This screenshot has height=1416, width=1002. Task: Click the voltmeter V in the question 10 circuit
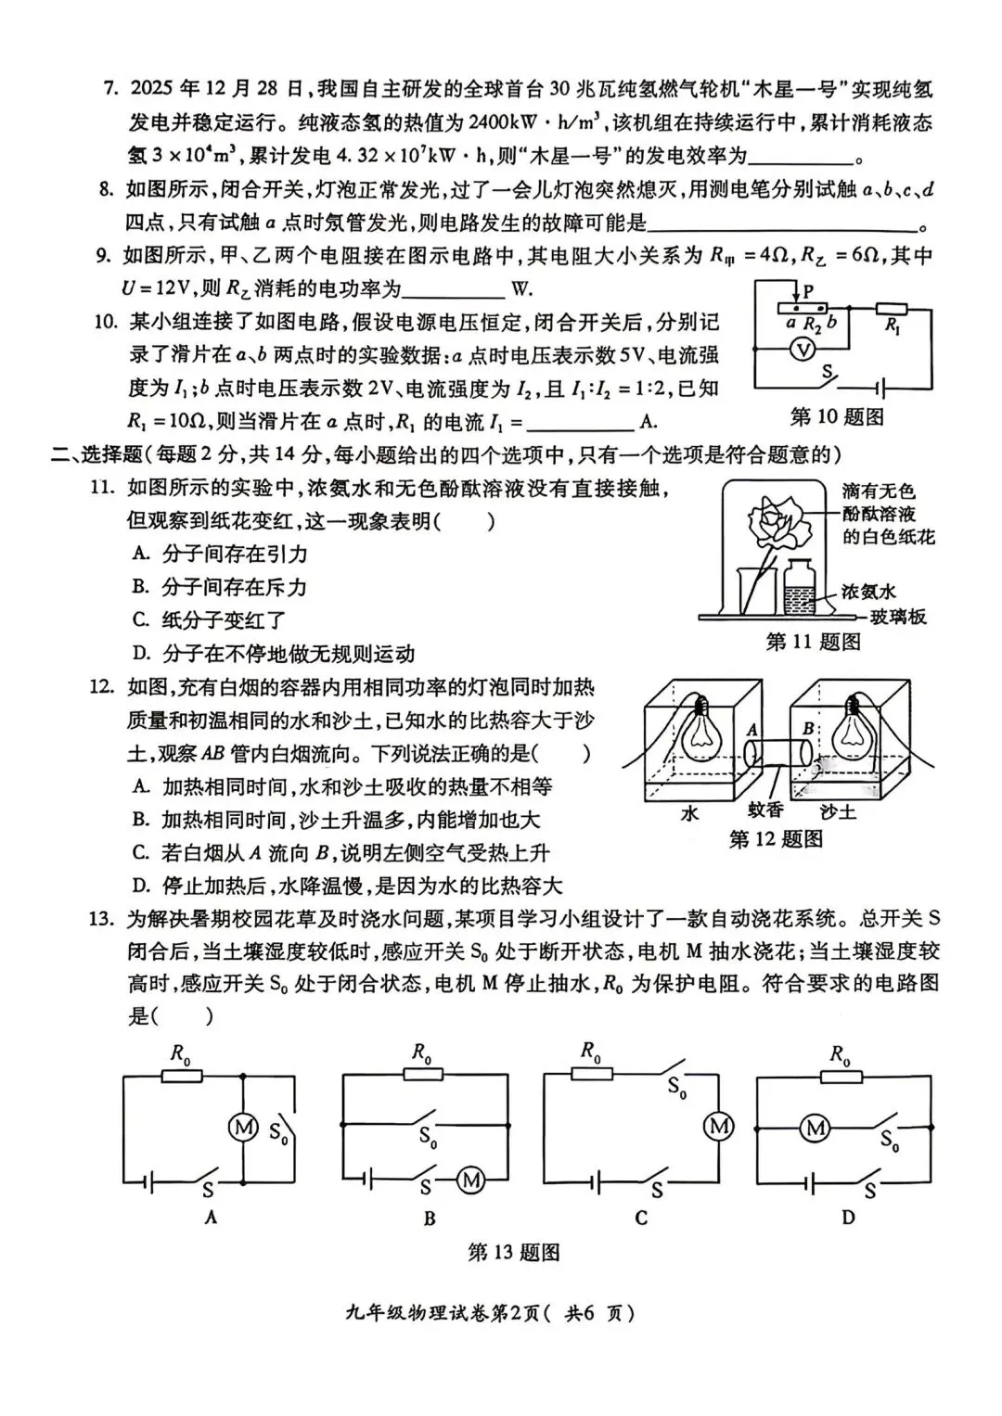[806, 348]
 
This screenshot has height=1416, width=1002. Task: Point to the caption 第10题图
[837, 417]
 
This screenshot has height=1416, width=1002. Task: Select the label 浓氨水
[869, 592]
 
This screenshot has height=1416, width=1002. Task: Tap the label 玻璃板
[899, 618]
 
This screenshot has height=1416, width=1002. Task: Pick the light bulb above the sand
[853, 734]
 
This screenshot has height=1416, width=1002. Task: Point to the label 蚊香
[766, 810]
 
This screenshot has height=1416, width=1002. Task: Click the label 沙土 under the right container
[839, 811]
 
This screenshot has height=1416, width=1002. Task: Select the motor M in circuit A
[242, 1128]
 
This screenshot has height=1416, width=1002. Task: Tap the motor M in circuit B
[470, 1180]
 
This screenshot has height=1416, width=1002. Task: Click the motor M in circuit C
[719, 1127]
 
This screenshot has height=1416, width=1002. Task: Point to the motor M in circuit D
[815, 1128]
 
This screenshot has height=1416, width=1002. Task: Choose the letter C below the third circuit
[641, 1218]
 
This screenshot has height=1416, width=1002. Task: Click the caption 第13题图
[514, 1253]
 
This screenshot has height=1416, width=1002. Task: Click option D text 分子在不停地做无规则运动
[288, 654]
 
